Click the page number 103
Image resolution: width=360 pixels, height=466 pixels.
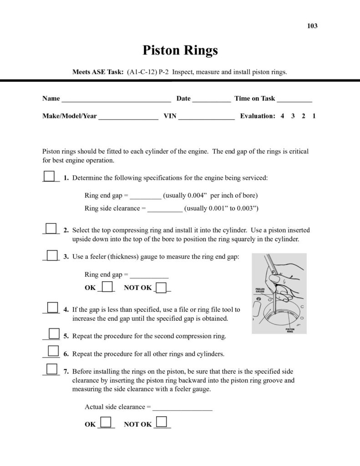pos(312,26)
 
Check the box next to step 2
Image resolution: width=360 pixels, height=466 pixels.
pos(51,228)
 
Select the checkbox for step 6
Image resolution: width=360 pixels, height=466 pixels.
pos(53,350)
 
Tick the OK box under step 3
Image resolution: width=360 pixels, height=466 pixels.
pos(107,287)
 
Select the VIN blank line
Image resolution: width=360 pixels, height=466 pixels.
pos(206,117)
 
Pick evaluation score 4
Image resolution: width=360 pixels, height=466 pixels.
pos(282,116)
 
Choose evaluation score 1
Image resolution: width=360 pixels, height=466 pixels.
pos(314,116)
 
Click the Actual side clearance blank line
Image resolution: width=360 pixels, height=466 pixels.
pos(182,409)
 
